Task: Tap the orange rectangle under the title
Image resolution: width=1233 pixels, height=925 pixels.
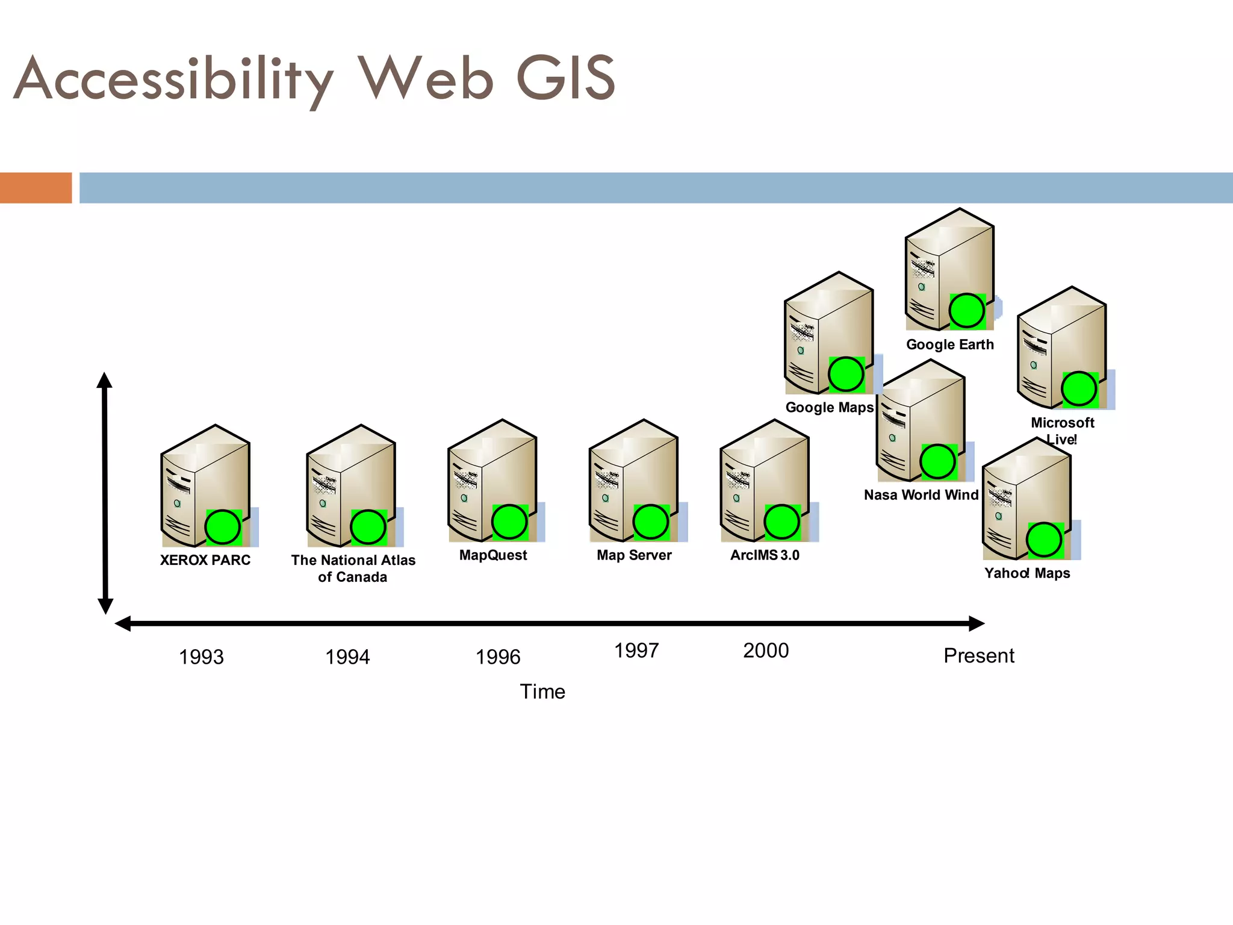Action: (36, 187)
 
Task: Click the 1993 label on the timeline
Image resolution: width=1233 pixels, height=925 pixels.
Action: (201, 656)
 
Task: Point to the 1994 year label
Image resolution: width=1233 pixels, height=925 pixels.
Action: (347, 656)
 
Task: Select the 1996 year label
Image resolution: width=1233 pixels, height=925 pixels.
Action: (498, 656)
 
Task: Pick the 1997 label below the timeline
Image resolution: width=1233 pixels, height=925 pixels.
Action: (636, 650)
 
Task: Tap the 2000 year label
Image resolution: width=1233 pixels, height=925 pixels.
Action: (766, 650)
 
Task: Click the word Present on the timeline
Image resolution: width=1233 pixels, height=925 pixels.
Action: (979, 655)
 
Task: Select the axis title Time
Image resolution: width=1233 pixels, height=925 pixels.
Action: (542, 691)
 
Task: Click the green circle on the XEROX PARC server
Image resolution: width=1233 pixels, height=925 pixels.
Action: (223, 527)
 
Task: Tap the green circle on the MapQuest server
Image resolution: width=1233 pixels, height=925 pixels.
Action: (509, 522)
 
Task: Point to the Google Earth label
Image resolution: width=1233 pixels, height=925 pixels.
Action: (950, 344)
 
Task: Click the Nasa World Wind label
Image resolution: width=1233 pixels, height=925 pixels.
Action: (921, 495)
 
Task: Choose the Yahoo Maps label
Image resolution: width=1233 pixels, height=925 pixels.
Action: (1027, 573)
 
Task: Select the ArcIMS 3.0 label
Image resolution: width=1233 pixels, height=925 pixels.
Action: (765, 555)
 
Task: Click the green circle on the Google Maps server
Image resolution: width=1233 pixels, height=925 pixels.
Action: (846, 374)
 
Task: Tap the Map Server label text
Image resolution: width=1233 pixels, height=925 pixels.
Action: (634, 555)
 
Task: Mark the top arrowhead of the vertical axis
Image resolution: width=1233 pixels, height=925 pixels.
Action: (105, 380)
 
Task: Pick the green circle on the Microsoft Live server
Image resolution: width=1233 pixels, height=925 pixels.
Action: (1079, 389)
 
